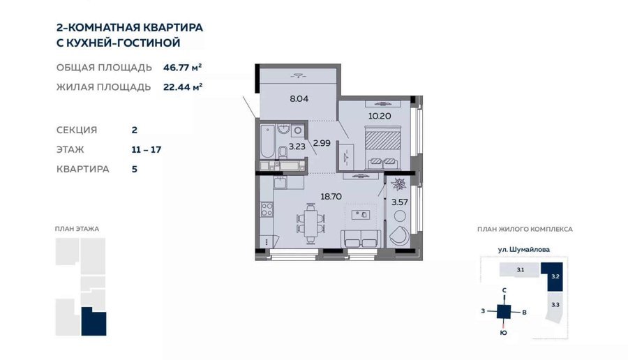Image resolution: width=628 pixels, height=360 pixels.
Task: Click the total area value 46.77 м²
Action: click(x=182, y=67)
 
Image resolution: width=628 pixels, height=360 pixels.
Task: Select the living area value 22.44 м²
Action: click(x=183, y=87)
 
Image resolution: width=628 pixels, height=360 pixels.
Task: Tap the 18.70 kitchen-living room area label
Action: click(x=331, y=197)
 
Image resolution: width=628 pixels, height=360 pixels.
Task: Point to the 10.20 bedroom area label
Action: click(x=380, y=116)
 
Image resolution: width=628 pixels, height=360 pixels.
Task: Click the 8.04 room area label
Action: click(x=299, y=98)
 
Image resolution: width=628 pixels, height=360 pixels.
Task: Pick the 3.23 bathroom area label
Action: click(x=297, y=147)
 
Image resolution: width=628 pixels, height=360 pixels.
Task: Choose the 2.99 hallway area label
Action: click(x=322, y=143)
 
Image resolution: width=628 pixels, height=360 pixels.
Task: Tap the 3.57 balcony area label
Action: click(x=400, y=202)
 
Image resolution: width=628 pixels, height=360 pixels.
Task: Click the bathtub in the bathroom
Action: click(x=267, y=142)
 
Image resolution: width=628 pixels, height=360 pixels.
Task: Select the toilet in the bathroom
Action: click(x=283, y=152)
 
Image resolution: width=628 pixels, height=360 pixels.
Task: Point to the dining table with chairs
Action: click(x=311, y=224)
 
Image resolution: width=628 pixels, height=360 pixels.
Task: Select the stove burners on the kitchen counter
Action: click(x=267, y=209)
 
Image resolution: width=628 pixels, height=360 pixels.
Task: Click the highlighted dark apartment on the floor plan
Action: click(x=94, y=322)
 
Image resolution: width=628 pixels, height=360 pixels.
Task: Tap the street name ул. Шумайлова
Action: click(x=524, y=250)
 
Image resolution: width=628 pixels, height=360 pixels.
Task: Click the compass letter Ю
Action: click(x=503, y=332)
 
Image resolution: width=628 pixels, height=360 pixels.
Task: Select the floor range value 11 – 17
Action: click(x=147, y=150)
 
